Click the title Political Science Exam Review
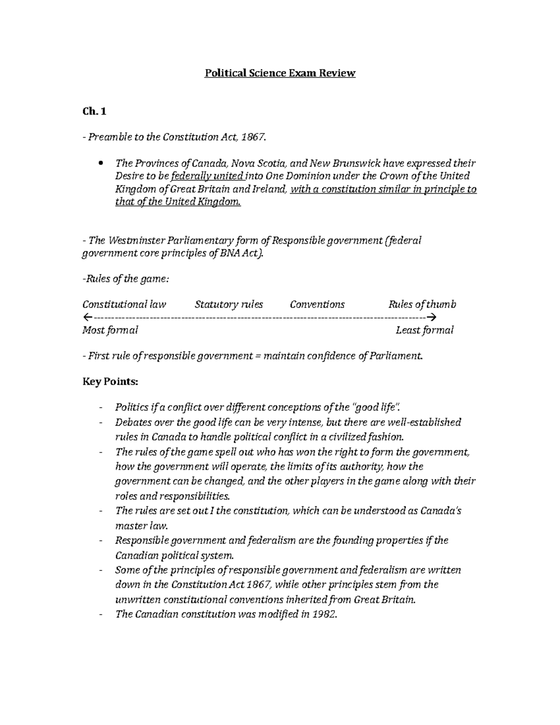280,73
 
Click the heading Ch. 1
94,112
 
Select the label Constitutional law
124,305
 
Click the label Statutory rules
229,305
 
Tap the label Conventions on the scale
317,305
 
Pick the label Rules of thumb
422,305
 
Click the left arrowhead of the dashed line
86,317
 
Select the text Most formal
110,331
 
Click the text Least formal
424,331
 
